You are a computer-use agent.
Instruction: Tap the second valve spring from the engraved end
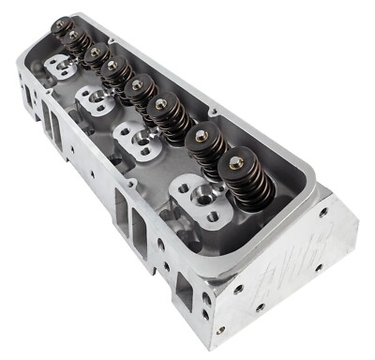click(x=207, y=145)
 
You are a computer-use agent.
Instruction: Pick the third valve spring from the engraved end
click(x=168, y=113)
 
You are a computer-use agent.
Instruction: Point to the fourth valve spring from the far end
click(x=116, y=71)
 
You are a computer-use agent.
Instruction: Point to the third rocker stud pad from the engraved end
click(x=94, y=98)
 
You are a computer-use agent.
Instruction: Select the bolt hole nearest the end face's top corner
click(x=323, y=211)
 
